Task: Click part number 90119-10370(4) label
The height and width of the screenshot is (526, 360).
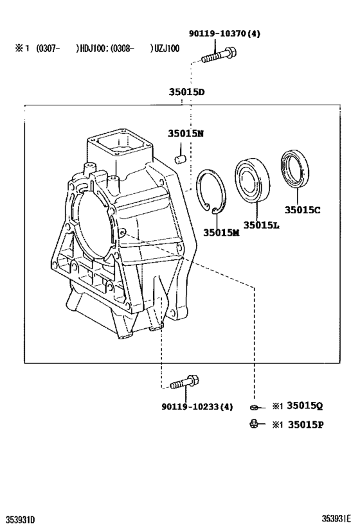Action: (x=225, y=33)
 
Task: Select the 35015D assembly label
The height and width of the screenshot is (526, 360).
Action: (x=186, y=92)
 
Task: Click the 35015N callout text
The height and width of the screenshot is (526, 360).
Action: (x=186, y=134)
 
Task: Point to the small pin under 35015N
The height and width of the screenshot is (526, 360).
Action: (x=181, y=157)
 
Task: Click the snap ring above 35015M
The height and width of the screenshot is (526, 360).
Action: (x=212, y=191)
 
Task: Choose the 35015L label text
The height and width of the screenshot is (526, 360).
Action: (x=261, y=225)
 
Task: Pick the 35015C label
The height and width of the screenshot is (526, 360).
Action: (x=304, y=209)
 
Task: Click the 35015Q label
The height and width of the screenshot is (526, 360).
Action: (x=305, y=406)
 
